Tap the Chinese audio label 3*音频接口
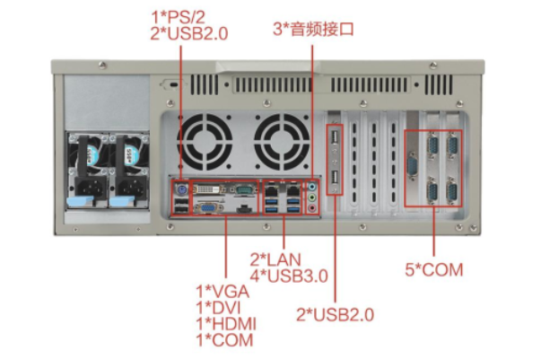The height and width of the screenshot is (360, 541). point(313,29)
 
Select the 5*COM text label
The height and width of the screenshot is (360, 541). point(434,269)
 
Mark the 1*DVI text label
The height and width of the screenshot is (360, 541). point(218,307)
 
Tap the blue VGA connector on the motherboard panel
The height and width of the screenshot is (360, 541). point(206,208)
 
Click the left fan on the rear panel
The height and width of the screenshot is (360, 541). point(205,141)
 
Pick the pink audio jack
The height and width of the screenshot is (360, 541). point(312,209)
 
